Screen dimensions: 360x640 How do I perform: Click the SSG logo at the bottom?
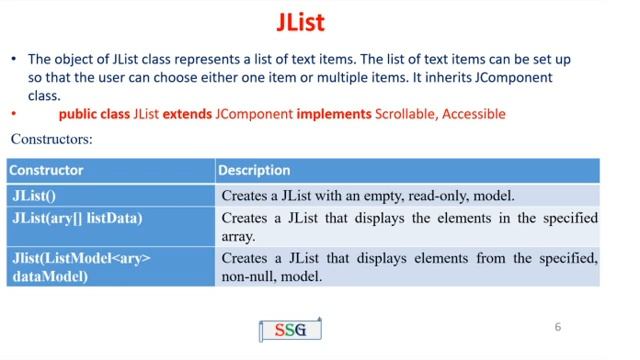[x=290, y=330]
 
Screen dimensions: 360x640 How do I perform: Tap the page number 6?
[x=558, y=326]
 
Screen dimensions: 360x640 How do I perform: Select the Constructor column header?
[x=46, y=170]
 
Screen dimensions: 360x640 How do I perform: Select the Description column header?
[x=254, y=170]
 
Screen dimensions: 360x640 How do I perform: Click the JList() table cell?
[x=34, y=196]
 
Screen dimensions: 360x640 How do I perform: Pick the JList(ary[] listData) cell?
[x=76, y=218]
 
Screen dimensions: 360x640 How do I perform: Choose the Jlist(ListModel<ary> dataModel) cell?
[x=80, y=268]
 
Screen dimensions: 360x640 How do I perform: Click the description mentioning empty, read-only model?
[x=368, y=196]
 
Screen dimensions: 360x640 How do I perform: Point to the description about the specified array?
[x=409, y=227]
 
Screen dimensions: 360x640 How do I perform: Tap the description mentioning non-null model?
[x=409, y=268]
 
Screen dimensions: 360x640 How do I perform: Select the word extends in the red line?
[x=187, y=115]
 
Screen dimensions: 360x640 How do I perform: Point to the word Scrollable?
[x=406, y=115]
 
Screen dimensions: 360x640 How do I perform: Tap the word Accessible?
[x=475, y=115]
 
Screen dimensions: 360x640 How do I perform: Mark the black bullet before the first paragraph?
[x=14, y=60]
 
